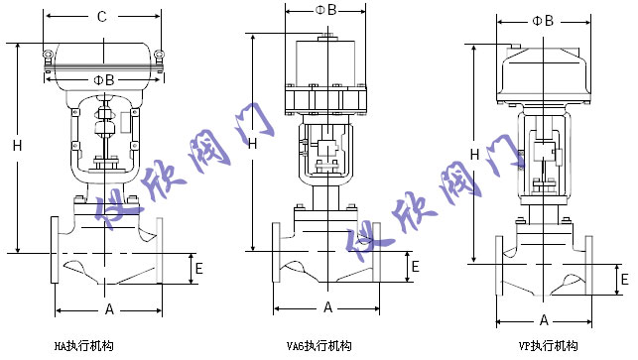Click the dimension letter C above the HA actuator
coord(101,16)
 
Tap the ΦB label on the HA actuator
coord(103,78)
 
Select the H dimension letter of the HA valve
coord(17,146)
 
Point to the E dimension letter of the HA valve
coord(198,268)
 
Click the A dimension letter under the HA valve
coord(110,309)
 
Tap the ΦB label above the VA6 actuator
coord(325,10)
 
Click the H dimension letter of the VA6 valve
coord(253,144)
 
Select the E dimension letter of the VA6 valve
coord(415,266)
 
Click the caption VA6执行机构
coord(318,346)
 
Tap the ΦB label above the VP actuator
coord(543,20)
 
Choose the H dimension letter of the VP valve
coord(475,154)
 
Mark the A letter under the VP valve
coord(545,319)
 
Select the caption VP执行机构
coord(548,346)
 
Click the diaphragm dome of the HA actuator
coord(103,56)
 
